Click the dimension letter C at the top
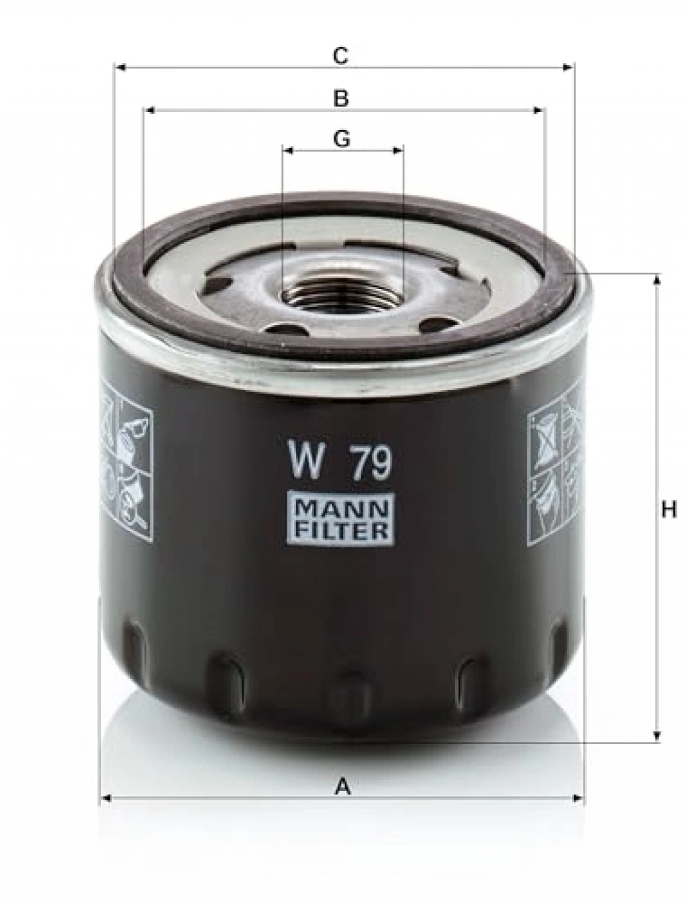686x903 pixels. (341, 56)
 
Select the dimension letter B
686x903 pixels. (341, 99)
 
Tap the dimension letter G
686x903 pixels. (342, 139)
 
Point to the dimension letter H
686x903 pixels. (669, 511)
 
